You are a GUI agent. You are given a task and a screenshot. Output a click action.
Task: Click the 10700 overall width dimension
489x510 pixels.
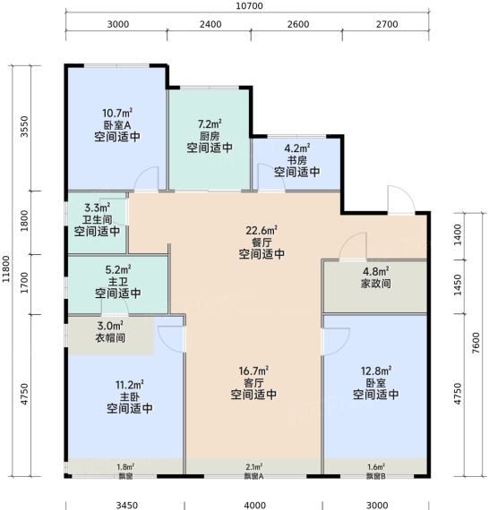[249, 6]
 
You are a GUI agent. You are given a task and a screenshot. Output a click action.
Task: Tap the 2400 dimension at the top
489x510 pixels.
[210, 24]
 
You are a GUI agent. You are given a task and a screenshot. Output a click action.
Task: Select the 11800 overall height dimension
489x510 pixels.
[6, 268]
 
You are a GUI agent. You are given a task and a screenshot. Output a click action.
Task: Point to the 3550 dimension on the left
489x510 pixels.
[24, 126]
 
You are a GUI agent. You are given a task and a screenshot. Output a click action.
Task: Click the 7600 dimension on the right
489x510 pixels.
[476, 343]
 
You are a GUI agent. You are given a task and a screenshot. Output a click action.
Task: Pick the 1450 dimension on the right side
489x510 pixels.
[458, 285]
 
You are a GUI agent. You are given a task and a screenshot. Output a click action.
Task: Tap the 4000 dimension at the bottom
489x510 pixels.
[255, 506]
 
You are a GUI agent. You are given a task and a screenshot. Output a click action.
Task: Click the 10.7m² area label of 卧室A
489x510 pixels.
[117, 113]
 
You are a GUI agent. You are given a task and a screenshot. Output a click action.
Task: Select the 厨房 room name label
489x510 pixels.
[210, 136]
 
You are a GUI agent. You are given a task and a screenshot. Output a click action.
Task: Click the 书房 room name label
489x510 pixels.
[296, 160]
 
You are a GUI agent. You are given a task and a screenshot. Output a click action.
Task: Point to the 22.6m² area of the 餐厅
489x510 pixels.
[262, 230]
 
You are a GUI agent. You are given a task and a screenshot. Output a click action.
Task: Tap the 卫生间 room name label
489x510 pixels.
[97, 219]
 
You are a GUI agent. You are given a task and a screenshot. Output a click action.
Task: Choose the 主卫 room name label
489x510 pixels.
[118, 282]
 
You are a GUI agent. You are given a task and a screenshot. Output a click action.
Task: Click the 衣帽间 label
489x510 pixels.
[110, 337]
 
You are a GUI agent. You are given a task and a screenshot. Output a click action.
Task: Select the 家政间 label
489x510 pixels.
[375, 284]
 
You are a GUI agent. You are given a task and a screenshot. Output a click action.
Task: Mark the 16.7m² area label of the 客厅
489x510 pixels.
[253, 370]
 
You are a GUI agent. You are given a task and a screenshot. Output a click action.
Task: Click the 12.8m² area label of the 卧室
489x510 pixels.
[375, 370]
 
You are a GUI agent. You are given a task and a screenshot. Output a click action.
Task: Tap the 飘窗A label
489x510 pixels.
[253, 476]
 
